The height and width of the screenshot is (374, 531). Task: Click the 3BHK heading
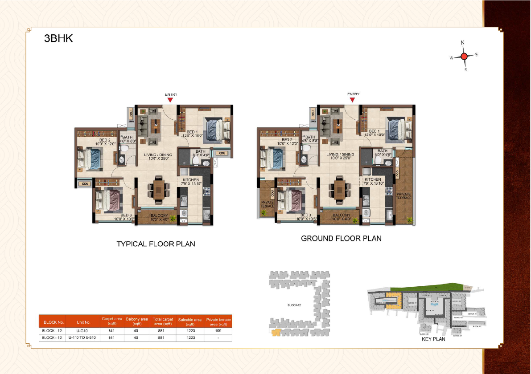coord(58,38)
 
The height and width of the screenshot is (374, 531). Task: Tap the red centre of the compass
coord(464,56)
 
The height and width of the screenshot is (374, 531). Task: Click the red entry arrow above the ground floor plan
coord(353,100)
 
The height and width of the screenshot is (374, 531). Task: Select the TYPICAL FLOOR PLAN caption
coord(156,244)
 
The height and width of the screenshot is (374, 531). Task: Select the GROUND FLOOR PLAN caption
coord(341,238)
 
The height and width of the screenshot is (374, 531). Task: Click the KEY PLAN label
coord(433,339)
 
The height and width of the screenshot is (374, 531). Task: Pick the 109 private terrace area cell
coord(218,331)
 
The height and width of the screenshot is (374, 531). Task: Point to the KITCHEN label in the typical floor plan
coord(190,179)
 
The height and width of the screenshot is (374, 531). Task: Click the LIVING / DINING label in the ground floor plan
coord(340,154)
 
